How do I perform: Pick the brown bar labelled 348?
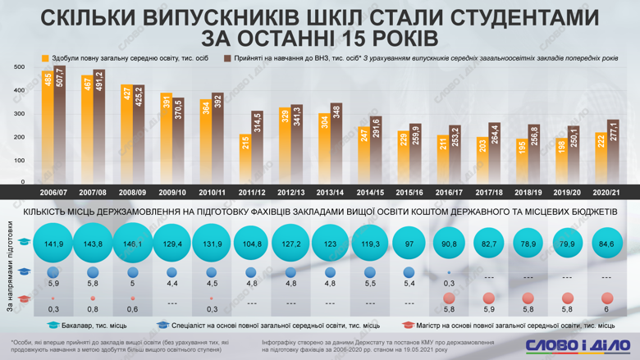(336, 143)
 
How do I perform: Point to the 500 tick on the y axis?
(20, 67)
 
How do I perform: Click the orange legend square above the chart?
(46, 58)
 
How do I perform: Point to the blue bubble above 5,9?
(53, 272)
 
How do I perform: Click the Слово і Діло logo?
(574, 345)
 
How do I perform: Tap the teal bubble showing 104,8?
(250, 244)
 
